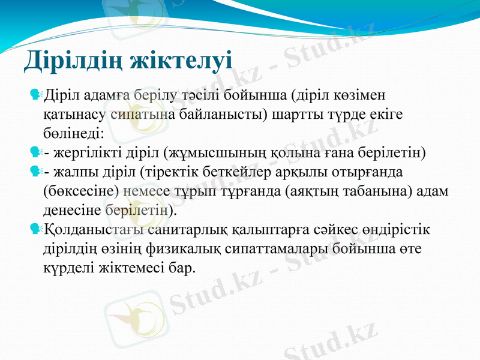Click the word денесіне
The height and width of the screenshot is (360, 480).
[x=73, y=210]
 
